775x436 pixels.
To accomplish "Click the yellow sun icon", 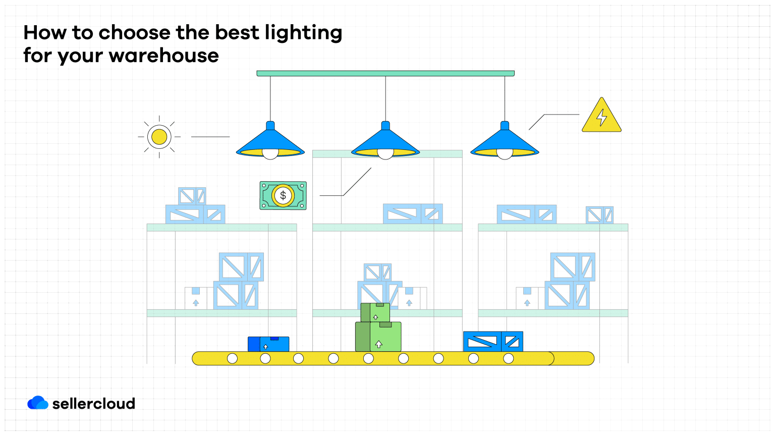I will click(159, 137).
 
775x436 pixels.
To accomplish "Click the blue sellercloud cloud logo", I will click(38, 403).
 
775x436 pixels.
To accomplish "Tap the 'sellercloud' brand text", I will click(94, 404).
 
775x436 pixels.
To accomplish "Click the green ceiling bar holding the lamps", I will click(385, 74).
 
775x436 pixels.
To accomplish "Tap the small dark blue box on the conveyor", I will click(268, 344).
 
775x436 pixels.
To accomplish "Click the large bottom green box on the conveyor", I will click(378, 337).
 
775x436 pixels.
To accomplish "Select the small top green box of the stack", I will click(375, 312).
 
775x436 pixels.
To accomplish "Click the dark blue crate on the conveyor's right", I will click(493, 342).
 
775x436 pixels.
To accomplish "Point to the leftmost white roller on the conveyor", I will click(232, 358).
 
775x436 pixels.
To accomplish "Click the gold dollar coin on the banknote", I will click(283, 195).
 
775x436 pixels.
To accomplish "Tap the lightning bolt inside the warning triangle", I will click(601, 117).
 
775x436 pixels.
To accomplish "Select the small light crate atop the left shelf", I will click(192, 196).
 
